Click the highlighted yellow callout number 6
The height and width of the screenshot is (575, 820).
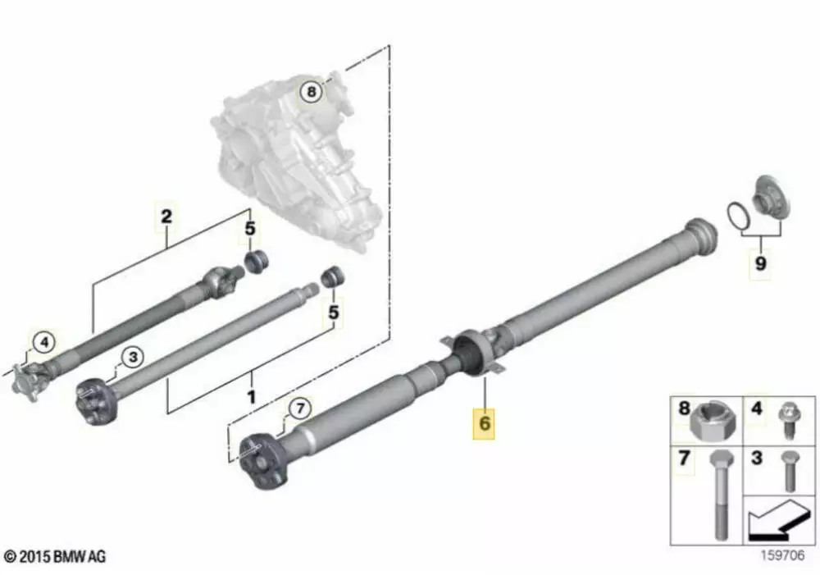pyautogui.click(x=484, y=422)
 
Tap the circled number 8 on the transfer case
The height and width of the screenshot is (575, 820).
pyautogui.click(x=311, y=92)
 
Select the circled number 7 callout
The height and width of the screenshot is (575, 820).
pyautogui.click(x=299, y=408)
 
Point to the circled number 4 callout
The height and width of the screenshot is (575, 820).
pyautogui.click(x=44, y=343)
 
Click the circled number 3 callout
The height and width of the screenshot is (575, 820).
pyautogui.click(x=133, y=357)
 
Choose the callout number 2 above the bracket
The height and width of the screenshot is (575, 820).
pyautogui.click(x=166, y=216)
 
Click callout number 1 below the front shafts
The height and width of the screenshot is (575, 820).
pyautogui.click(x=252, y=396)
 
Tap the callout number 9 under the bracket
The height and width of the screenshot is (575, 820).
pyautogui.click(x=760, y=263)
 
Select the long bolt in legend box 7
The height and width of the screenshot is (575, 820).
pyautogui.click(x=721, y=495)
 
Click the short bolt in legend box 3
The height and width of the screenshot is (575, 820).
pyautogui.click(x=790, y=472)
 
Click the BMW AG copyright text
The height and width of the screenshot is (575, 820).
pyautogui.click(x=54, y=556)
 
